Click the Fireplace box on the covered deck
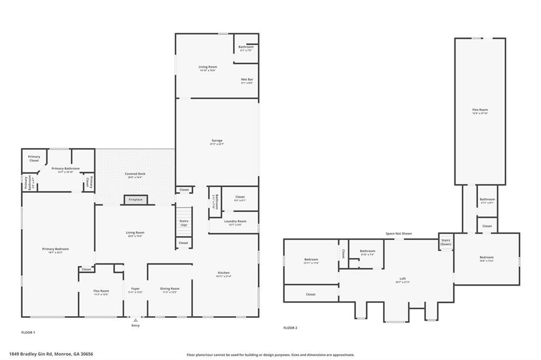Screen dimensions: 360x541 (x=136, y=200)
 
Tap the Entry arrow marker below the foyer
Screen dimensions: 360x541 (x=136, y=320)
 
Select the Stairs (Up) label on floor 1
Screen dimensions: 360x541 (x=184, y=223)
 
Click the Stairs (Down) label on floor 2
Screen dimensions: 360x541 (x=446, y=242)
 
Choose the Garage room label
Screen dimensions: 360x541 (x=217, y=140)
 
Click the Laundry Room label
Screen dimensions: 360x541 (x=235, y=221)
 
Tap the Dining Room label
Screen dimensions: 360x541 (x=170, y=289)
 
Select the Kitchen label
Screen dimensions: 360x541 (x=222, y=273)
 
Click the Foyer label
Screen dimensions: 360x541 (x=135, y=289)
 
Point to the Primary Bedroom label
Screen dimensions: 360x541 (x=55, y=249)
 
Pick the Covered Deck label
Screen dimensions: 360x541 (x=135, y=174)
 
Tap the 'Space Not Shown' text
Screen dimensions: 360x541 (x=398, y=233)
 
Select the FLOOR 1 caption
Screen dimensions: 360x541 (x=28, y=333)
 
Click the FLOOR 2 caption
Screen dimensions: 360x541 (x=290, y=328)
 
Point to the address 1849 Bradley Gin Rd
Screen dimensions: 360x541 (x=55, y=354)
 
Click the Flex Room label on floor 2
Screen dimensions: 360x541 (x=480, y=110)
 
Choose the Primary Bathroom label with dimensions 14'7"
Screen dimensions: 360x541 (x=66, y=169)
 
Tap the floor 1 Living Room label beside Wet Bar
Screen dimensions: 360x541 (x=208, y=67)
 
